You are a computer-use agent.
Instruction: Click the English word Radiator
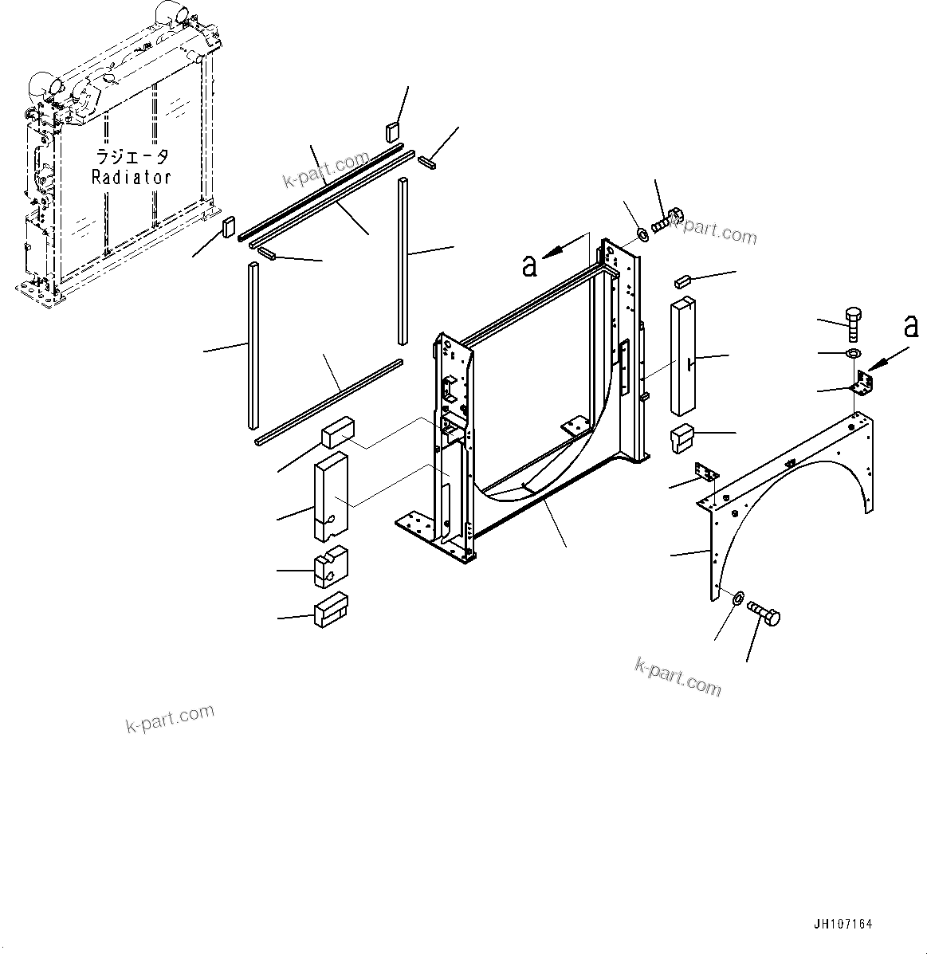pyautogui.click(x=132, y=178)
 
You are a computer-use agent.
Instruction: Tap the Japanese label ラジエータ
pyautogui.click(x=132, y=156)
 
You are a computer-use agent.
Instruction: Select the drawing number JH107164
pyautogui.click(x=843, y=925)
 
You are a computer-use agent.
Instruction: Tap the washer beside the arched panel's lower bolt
pyautogui.click(x=737, y=596)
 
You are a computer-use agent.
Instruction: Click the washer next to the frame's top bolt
pyautogui.click(x=642, y=235)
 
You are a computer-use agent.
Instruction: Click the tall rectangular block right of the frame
pyautogui.click(x=684, y=356)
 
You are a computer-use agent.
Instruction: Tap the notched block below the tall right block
pyautogui.click(x=683, y=438)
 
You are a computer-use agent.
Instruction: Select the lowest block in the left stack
pyautogui.click(x=331, y=610)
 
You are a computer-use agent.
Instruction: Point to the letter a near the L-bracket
pyautogui.click(x=909, y=326)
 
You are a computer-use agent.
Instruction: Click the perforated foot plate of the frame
pyautogui.click(x=415, y=527)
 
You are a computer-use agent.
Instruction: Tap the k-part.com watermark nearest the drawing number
pyautogui.click(x=678, y=677)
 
